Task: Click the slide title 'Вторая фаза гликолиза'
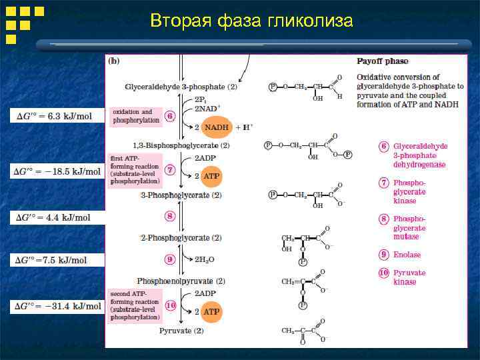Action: (251, 21)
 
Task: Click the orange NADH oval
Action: (216, 127)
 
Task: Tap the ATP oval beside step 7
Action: (211, 177)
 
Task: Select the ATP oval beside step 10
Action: (211, 311)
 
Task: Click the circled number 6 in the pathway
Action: (170, 116)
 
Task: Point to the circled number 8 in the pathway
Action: (170, 215)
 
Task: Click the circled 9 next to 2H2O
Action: (170, 259)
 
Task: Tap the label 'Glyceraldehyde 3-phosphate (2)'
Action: (181, 87)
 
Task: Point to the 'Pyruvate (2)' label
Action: (181, 331)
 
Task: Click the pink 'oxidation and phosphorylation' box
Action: (136, 116)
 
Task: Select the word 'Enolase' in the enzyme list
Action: (407, 255)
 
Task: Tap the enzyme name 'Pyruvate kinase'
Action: (409, 277)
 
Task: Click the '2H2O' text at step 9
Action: (204, 260)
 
